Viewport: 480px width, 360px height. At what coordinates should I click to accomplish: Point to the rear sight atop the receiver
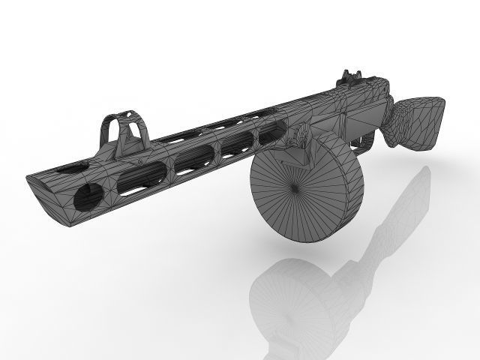349,76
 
